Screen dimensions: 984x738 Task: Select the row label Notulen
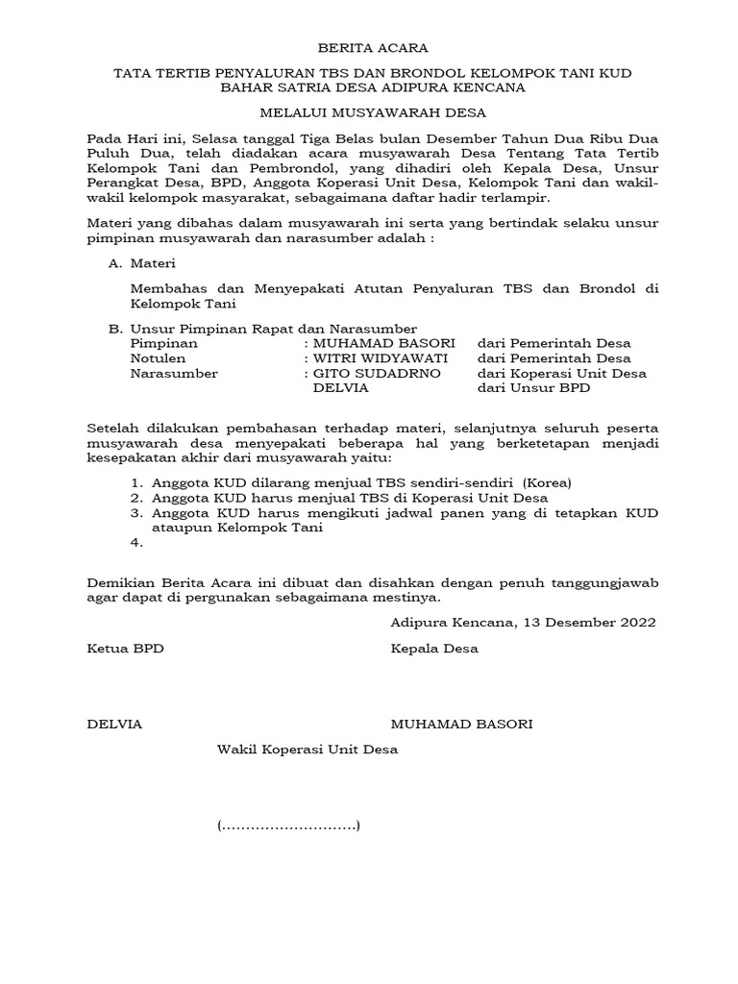tap(156, 358)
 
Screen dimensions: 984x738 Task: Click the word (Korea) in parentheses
tap(547, 482)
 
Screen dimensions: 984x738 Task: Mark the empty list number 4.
tap(135, 544)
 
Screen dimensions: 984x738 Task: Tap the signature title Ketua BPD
tap(126, 649)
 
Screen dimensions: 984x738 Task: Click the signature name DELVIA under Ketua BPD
tap(114, 725)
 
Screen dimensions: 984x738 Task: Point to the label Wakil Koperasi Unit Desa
tap(307, 749)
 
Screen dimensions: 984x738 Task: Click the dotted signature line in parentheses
tap(288, 825)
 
